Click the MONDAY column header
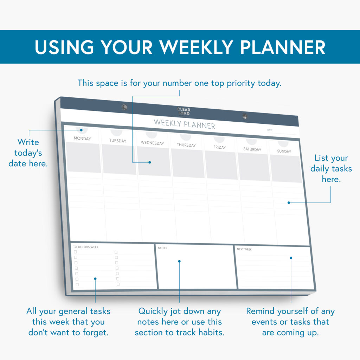pyautogui.click(x=82, y=139)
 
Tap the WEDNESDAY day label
pyautogui.click(x=152, y=143)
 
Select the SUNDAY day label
pyautogui.click(x=284, y=152)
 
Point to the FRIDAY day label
pyautogui.click(x=220, y=147)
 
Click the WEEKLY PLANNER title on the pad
pyautogui.click(x=184, y=124)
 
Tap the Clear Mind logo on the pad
pyautogui.click(x=184, y=112)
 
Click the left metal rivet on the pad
pyautogui.click(x=124, y=107)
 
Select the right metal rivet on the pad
pyautogui.click(x=245, y=116)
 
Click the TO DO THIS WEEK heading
pyautogui.click(x=86, y=247)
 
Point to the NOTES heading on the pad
pyautogui.click(x=163, y=248)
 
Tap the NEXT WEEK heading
pyautogui.click(x=244, y=250)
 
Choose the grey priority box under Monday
pyautogui.click(x=84, y=157)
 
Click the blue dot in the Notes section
pyautogui.click(x=179, y=261)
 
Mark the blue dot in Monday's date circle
pyautogui.click(x=82, y=130)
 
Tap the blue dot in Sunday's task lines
pyautogui.click(x=289, y=202)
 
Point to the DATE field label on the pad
pyautogui.click(x=270, y=130)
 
